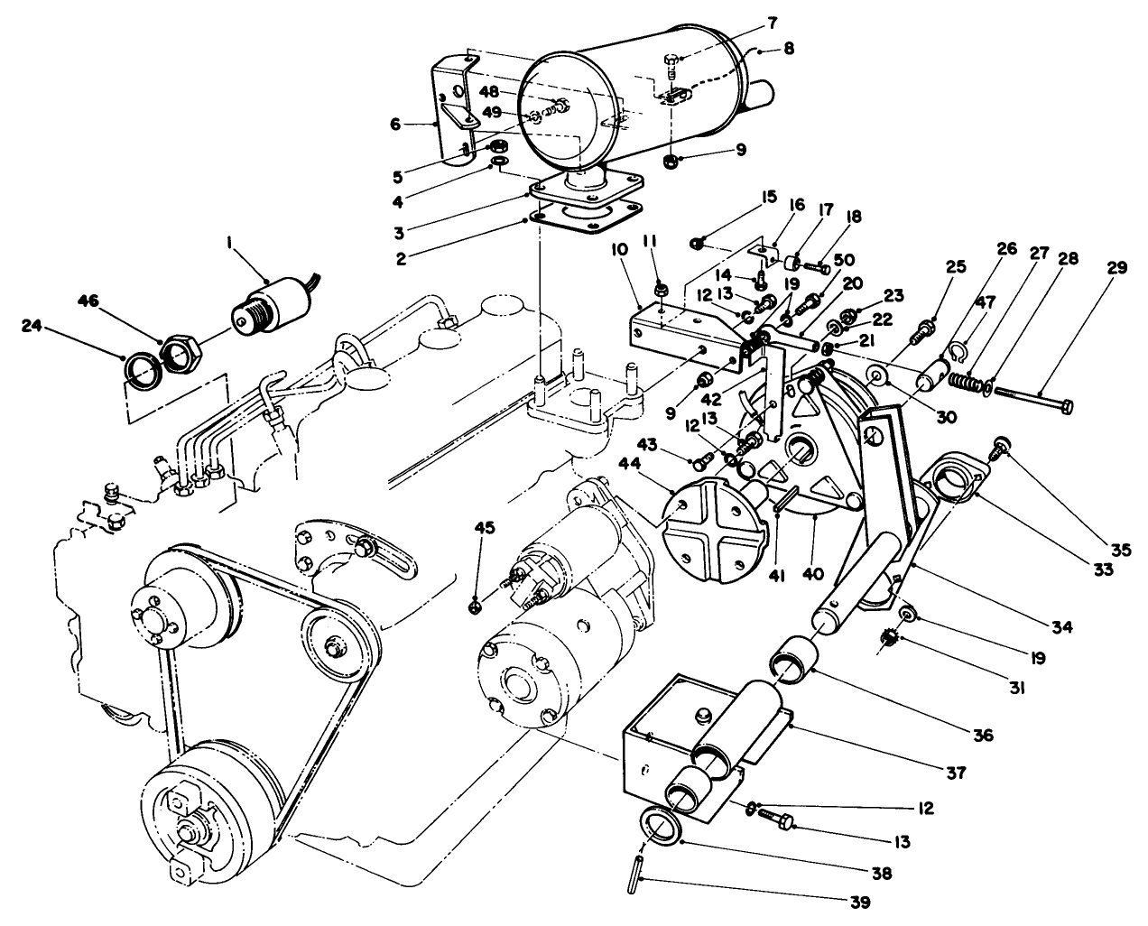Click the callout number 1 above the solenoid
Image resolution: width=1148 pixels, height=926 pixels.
[x=232, y=243]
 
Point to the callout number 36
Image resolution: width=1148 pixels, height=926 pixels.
[x=984, y=736]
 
